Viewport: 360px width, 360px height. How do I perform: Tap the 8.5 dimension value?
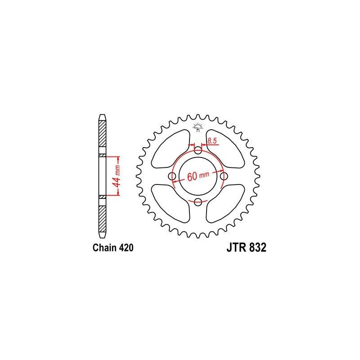[x=213, y=142]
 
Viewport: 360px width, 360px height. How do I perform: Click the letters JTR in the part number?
[x=232, y=248]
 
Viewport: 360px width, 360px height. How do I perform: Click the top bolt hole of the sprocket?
[x=198, y=150]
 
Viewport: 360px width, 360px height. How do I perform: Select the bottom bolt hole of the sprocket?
[x=198, y=203]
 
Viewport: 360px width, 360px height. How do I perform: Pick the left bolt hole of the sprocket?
[x=171, y=176]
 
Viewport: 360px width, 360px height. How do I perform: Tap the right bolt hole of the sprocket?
[x=224, y=176]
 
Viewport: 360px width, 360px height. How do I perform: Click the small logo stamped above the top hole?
[x=198, y=127]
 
